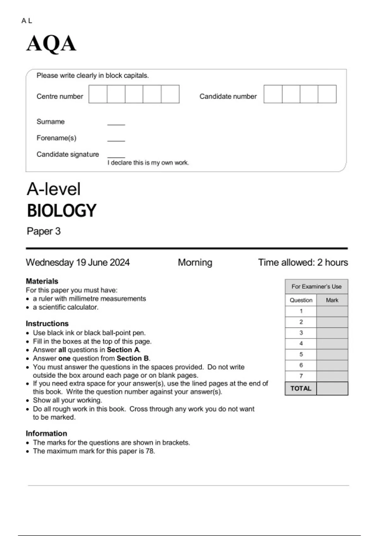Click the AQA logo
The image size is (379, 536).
click(x=51, y=44)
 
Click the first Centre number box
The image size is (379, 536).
click(x=98, y=94)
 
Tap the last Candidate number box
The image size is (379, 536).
click(x=327, y=94)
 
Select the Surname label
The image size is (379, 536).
click(x=51, y=122)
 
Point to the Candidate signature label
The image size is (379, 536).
click(x=68, y=154)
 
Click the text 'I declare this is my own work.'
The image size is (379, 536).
click(x=148, y=163)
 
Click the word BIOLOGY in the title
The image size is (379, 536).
click(x=62, y=211)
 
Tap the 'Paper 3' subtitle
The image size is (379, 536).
click(x=44, y=231)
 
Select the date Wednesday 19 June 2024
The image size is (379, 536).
click(x=78, y=262)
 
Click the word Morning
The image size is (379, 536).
click(x=195, y=262)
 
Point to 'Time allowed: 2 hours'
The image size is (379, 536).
click(x=303, y=262)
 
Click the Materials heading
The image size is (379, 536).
click(x=42, y=281)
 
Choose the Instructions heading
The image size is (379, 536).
click(x=47, y=323)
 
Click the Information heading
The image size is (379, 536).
click(x=46, y=433)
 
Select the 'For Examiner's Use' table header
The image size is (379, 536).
click(x=316, y=287)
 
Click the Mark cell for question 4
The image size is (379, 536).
click(x=332, y=344)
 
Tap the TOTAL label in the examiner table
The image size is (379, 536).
click(x=301, y=388)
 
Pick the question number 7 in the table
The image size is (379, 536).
click(x=301, y=376)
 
